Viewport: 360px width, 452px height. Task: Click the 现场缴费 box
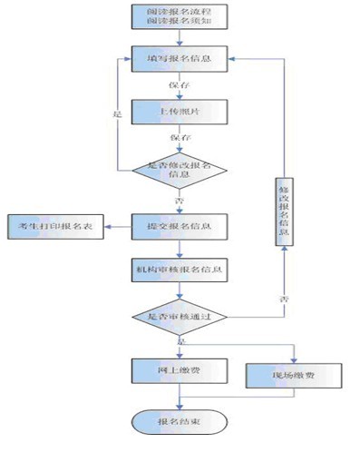pos(293,374)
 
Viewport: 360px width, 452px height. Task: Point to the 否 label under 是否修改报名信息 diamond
pos(178,199)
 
